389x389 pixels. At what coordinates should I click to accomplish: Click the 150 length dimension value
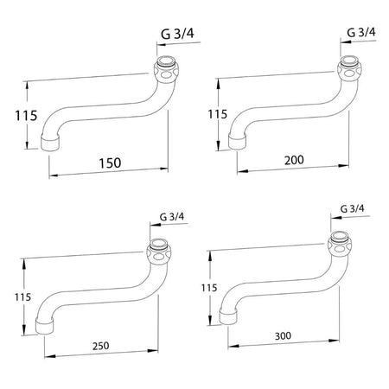(110, 163)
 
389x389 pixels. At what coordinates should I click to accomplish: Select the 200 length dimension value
(294, 160)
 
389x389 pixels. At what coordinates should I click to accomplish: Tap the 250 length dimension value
(101, 346)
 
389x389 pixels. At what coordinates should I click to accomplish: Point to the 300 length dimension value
(283, 335)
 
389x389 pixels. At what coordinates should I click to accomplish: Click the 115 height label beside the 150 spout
(26, 116)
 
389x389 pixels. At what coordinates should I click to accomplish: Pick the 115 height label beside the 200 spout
(218, 114)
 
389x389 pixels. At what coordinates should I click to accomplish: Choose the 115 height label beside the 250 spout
(22, 297)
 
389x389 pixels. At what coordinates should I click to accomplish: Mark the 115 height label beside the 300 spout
(209, 288)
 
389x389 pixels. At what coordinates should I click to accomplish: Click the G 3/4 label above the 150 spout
(177, 34)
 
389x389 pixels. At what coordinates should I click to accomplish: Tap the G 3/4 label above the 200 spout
(361, 33)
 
